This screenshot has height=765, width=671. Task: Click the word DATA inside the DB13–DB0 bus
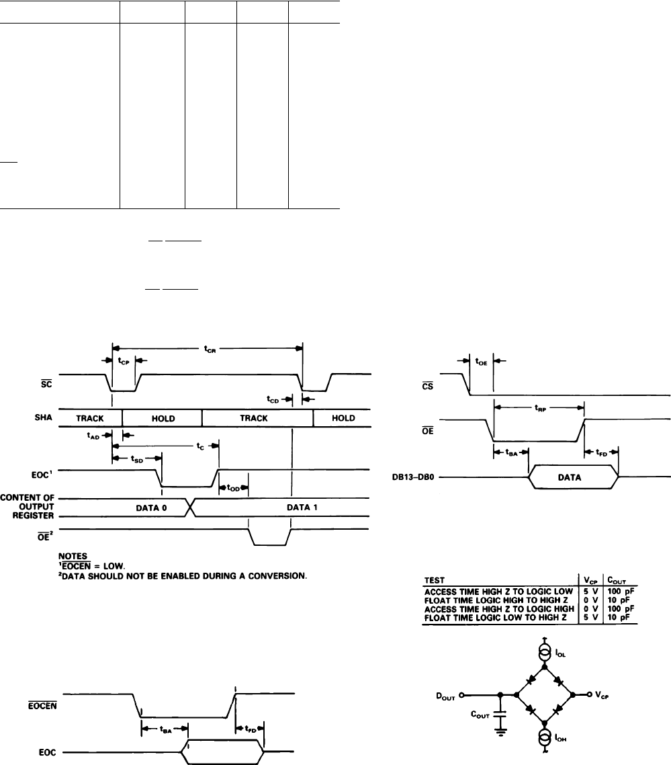pyautogui.click(x=573, y=478)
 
